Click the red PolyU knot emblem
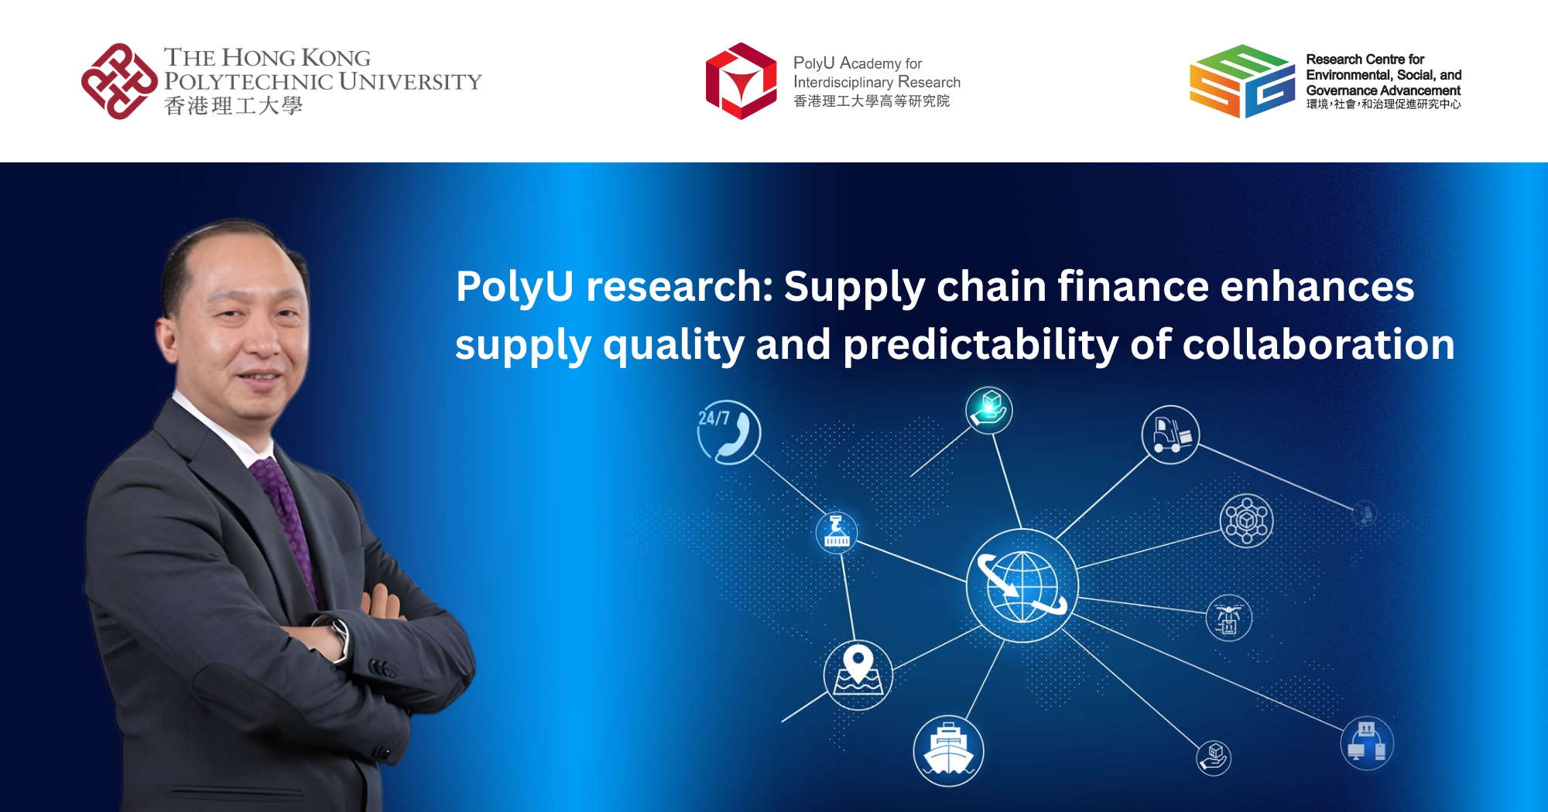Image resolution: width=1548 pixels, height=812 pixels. click(118, 81)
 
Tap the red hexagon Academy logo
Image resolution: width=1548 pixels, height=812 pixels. click(741, 81)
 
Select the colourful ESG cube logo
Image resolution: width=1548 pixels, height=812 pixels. click(1241, 81)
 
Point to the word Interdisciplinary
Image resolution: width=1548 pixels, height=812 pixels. click(843, 82)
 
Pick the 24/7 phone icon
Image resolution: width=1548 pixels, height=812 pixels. click(728, 432)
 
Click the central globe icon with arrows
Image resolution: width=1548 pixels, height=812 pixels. click(1022, 586)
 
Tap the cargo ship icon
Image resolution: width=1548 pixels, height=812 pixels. click(948, 750)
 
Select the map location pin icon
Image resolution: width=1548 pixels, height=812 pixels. click(858, 675)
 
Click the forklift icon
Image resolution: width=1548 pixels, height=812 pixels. click(1170, 435)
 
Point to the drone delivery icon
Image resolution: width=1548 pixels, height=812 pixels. click(1228, 618)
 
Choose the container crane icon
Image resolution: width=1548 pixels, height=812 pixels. click(837, 532)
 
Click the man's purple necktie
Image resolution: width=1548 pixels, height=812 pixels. click(286, 510)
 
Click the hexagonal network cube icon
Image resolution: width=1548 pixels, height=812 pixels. click(1246, 520)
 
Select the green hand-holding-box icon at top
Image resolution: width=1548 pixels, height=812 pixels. click(989, 409)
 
